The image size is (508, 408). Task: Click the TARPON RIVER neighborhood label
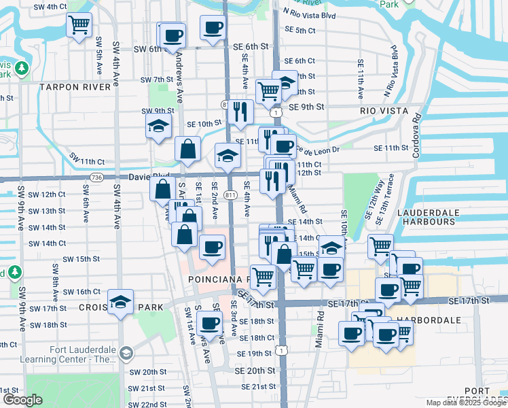[x=75, y=88]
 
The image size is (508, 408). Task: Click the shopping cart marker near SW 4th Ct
[x=79, y=26]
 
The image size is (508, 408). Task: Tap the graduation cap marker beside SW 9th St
[x=158, y=126]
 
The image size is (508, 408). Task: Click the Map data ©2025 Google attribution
[x=466, y=403]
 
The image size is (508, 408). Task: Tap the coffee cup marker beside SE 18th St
[x=210, y=324]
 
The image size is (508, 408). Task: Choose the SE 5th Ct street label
[x=300, y=31]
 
